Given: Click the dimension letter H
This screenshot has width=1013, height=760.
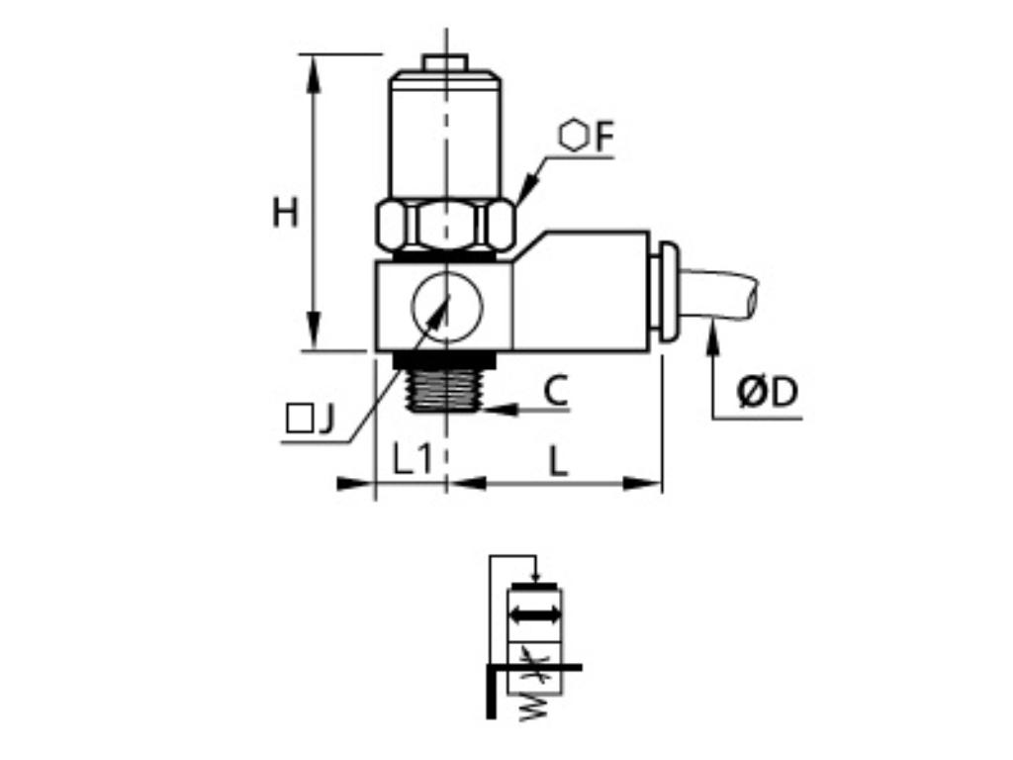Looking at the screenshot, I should point(286,212).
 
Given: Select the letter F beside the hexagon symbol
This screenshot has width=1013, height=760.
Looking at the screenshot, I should point(604,138).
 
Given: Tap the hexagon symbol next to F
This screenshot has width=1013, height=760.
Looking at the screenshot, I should point(573,136).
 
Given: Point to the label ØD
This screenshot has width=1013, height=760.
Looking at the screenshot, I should point(766,393).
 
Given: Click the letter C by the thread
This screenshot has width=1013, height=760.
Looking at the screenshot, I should point(556,392).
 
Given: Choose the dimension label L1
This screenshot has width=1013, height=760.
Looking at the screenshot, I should point(412,459).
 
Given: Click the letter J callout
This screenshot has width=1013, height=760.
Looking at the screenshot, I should point(325,421).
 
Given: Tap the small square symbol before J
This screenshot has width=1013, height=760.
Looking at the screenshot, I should point(297,421).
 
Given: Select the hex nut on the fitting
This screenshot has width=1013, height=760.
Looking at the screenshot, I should point(444,226).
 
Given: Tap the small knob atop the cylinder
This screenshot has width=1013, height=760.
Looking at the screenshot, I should point(445,62).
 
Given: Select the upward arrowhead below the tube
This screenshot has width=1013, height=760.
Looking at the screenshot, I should point(711,336).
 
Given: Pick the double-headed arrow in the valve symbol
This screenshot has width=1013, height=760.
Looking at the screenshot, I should point(535,616).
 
